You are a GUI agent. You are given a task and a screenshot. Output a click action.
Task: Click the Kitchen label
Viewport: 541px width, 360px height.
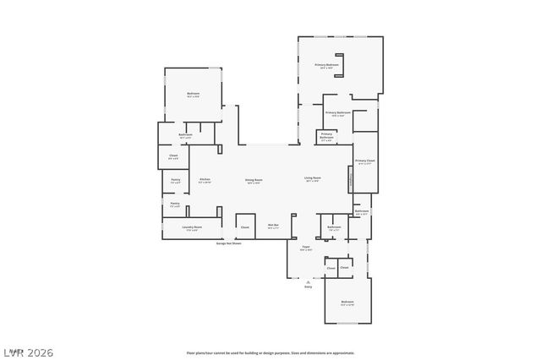point(205,180)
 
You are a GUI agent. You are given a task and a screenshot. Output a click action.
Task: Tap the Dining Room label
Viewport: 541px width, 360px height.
point(254,180)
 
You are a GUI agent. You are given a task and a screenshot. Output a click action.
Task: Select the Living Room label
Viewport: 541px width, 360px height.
point(312,178)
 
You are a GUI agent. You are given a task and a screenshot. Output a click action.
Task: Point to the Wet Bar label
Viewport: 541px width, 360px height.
point(273,226)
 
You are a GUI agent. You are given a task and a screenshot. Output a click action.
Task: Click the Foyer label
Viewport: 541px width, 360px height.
point(306,248)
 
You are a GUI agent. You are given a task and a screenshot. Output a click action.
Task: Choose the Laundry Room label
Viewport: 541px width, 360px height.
point(193,227)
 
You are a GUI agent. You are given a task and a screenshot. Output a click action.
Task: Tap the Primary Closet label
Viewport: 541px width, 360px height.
point(365,161)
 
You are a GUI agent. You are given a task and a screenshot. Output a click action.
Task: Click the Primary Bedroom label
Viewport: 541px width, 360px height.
point(327,65)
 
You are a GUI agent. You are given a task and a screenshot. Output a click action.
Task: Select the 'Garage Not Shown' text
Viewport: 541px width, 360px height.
point(228,243)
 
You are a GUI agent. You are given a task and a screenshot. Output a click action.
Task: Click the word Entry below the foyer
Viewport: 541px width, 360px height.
point(309,287)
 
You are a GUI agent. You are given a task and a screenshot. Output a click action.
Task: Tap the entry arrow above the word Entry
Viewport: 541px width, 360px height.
point(309,281)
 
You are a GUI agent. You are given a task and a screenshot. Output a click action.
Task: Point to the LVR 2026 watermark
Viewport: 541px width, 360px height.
point(27,352)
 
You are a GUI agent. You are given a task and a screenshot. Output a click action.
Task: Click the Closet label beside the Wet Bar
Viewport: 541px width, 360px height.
point(245,226)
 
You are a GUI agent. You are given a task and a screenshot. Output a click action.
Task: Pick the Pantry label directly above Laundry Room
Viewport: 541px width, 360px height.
point(175,204)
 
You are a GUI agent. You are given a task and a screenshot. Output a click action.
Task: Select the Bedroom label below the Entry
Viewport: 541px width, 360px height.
point(347,303)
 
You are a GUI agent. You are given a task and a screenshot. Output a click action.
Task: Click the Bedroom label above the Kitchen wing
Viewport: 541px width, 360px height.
point(193,94)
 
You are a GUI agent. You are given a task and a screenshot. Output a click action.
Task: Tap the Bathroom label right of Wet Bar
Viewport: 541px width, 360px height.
point(334,226)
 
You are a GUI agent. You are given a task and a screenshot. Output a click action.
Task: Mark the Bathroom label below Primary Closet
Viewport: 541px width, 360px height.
point(362,211)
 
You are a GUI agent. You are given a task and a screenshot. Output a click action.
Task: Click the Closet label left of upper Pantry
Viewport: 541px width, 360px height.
point(173,155)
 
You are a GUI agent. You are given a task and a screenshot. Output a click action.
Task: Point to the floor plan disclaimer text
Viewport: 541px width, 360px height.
point(270,352)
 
